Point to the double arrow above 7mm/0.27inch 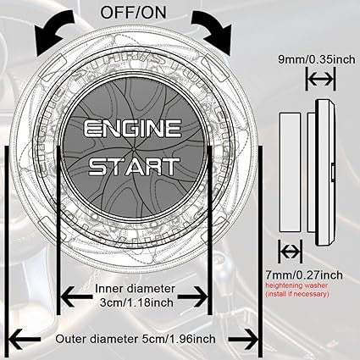coord(289,252)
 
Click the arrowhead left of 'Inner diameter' coord(64,296)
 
